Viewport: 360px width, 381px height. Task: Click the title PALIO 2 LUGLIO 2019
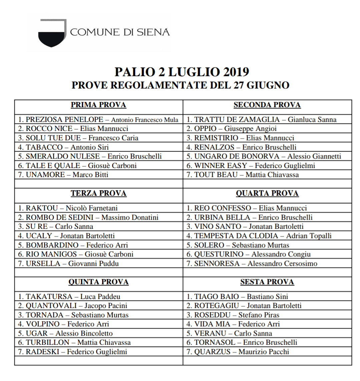182,72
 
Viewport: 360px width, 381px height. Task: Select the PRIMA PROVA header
98,105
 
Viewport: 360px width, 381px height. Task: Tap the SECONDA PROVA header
267,105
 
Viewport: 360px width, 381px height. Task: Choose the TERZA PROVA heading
98,194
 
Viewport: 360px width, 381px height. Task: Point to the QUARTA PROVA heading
267,194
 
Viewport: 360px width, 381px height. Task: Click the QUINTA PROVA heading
98,282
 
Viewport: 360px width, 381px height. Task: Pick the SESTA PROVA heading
267,282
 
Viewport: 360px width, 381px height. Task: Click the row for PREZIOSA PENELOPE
98,120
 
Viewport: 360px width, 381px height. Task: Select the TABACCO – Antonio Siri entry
68,147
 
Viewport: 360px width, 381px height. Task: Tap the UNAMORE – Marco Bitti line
63,175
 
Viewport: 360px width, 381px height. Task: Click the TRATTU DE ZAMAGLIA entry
261,120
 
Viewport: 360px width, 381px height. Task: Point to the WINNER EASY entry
251,166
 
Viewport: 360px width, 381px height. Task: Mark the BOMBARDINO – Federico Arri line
73,245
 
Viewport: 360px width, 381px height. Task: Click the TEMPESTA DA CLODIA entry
259,236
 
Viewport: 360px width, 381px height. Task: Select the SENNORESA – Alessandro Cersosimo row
252,263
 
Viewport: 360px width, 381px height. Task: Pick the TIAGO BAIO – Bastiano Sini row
237,297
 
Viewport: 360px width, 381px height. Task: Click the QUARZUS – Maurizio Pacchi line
238,352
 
